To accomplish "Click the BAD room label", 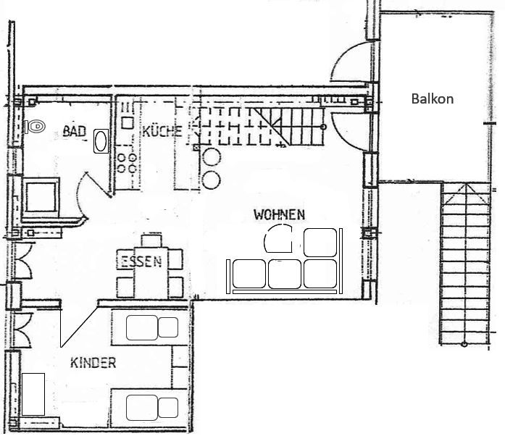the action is click(75, 131).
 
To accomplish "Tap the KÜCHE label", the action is click(162, 131).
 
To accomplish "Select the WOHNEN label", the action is click(279, 215).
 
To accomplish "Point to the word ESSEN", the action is click(141, 261).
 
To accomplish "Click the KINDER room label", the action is click(93, 363).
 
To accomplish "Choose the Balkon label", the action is click(433, 98).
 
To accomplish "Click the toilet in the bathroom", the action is click(35, 126).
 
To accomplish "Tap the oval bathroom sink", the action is click(101, 141).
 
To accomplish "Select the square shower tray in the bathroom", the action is click(41, 197).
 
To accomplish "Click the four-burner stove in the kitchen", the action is click(127, 163).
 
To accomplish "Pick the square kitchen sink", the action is click(128, 122).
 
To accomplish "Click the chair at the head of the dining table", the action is click(151, 241).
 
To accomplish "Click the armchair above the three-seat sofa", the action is click(320, 243).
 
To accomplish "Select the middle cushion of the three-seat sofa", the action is click(285, 274).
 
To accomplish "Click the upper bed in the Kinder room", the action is click(150, 327).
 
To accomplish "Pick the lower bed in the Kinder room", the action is click(150, 408).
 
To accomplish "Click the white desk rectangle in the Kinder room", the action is click(33, 394).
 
